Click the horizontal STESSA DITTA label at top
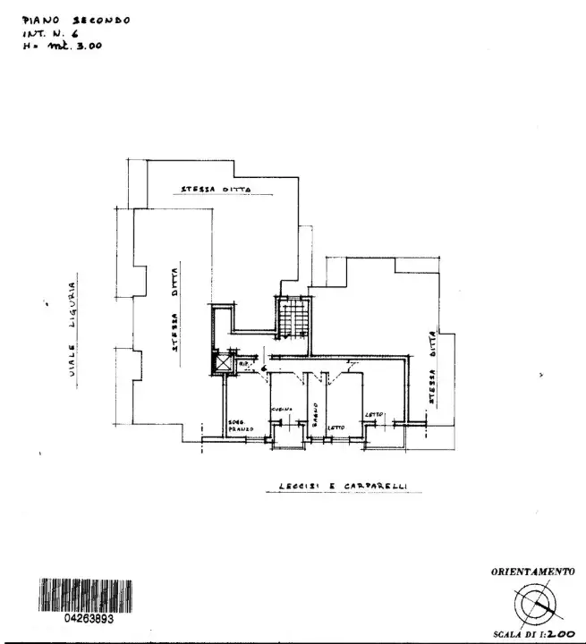[215, 190]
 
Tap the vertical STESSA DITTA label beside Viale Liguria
[175, 305]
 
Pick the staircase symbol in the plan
[293, 318]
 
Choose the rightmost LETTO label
[374, 414]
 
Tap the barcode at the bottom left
[86, 596]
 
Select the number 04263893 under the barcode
[87, 618]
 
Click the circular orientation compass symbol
[536, 606]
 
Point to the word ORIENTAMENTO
[532, 571]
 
